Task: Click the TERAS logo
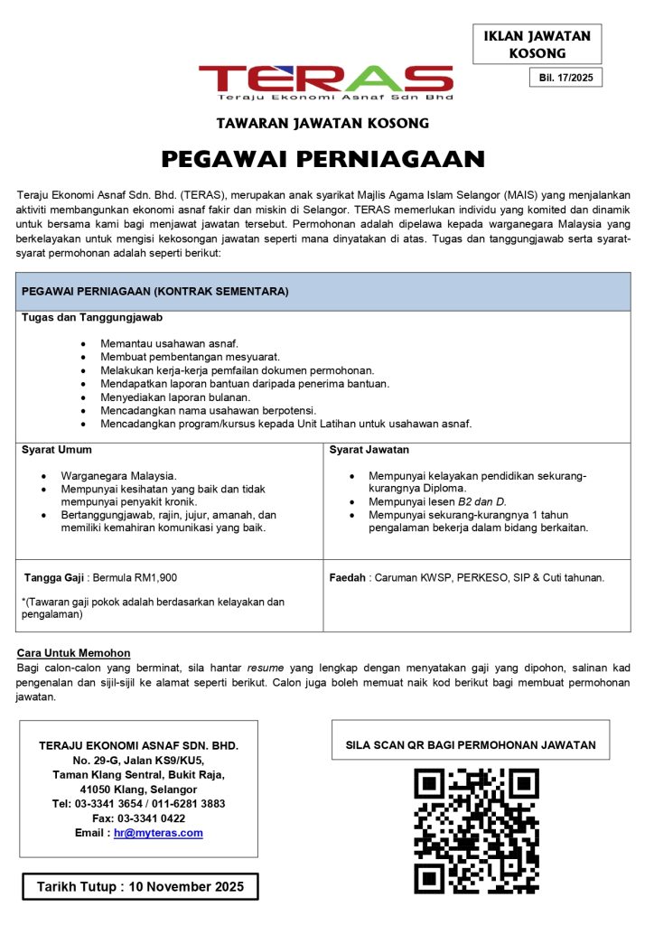326,80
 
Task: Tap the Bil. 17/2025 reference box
565,78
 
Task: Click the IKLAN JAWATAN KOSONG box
537,44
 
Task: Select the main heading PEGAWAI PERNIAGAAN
323,160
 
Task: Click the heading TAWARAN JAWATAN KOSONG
322,123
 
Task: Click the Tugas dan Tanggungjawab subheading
92,318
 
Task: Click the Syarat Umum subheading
56,449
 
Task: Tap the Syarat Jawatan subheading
370,449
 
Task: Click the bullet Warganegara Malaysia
119,475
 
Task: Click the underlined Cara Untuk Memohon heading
74,653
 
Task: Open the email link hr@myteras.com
158,833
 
